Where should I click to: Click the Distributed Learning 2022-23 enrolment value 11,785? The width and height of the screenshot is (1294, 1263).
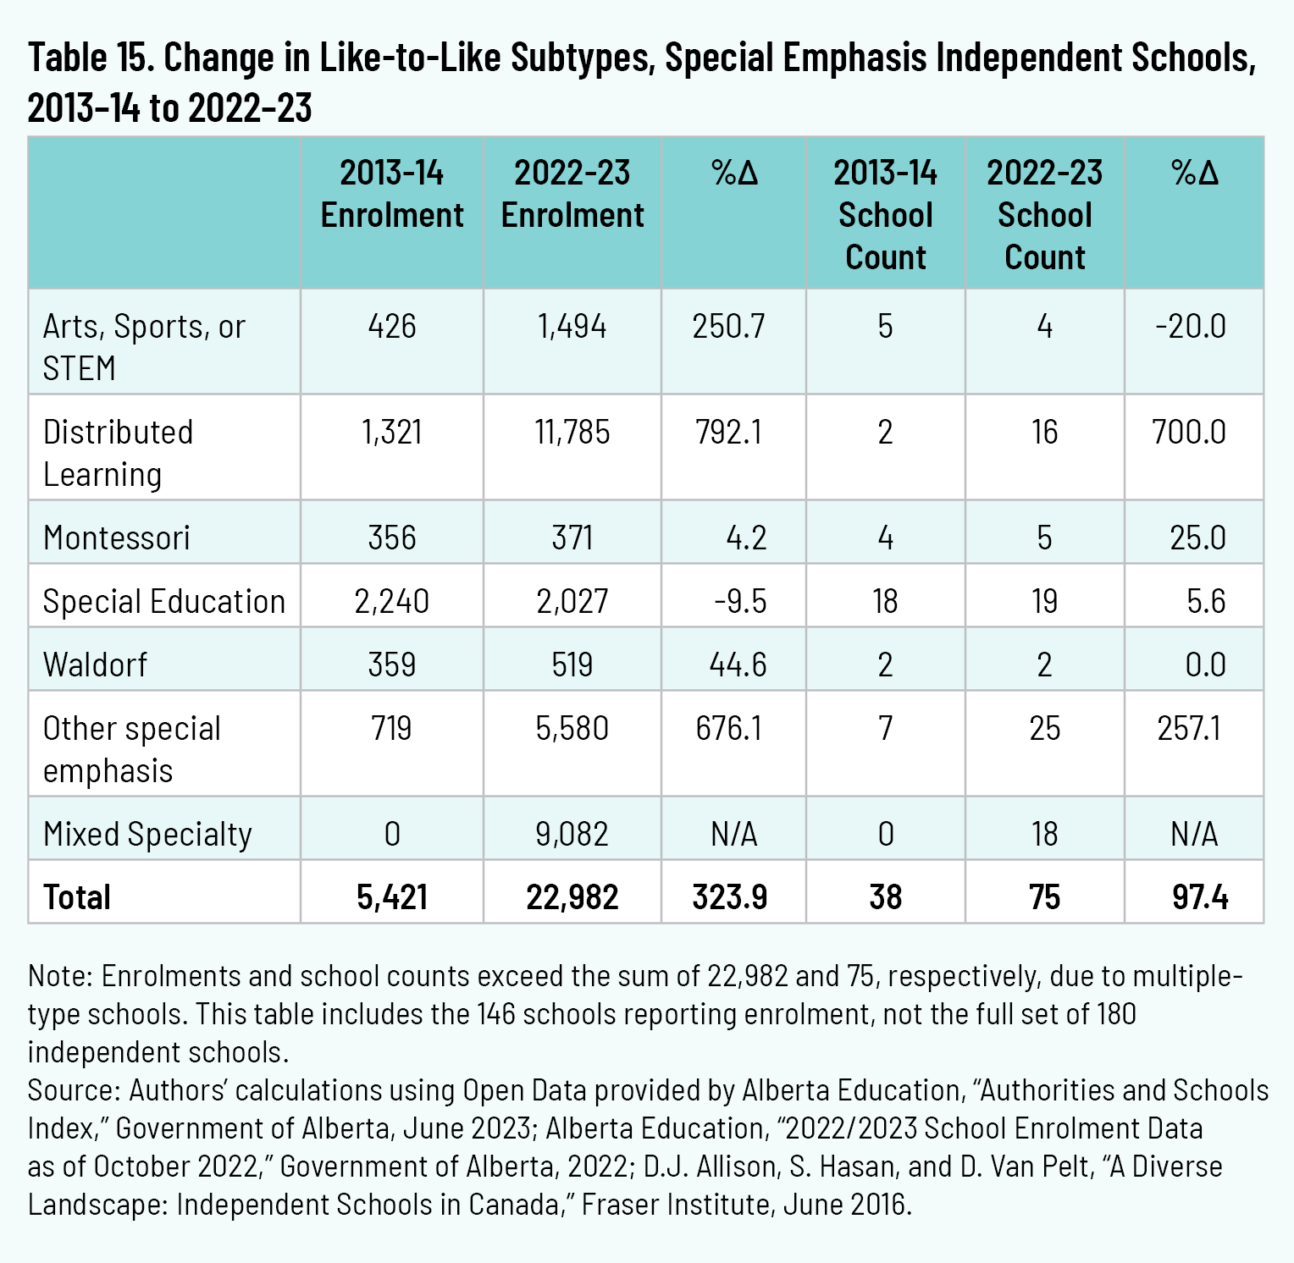tap(572, 433)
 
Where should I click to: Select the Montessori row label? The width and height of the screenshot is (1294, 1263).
tap(117, 538)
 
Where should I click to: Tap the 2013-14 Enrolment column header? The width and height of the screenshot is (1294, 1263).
tap(392, 194)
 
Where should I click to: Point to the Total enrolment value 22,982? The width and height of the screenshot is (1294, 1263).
tap(572, 897)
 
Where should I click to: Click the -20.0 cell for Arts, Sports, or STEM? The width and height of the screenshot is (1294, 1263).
tap(1190, 327)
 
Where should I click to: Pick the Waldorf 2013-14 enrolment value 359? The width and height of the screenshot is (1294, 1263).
tap(392, 665)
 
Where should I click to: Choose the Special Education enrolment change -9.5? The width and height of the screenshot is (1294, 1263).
tap(740, 602)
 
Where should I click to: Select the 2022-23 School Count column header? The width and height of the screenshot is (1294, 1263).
tap(1045, 215)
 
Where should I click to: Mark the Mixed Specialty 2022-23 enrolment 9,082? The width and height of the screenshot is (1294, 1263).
tap(572, 835)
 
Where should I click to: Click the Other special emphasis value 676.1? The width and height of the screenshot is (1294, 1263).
tap(729, 729)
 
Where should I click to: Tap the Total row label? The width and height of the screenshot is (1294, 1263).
tap(77, 897)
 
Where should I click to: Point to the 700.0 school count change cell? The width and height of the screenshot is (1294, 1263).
tap(1189, 433)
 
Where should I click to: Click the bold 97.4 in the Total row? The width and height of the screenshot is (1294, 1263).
tap(1200, 897)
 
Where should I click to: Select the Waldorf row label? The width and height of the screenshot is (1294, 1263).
tap(95, 665)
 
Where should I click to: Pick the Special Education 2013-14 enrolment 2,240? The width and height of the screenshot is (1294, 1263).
tap(392, 602)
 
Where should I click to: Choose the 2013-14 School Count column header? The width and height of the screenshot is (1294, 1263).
tap(886, 215)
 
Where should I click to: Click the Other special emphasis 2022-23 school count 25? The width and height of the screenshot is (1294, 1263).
tap(1045, 729)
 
